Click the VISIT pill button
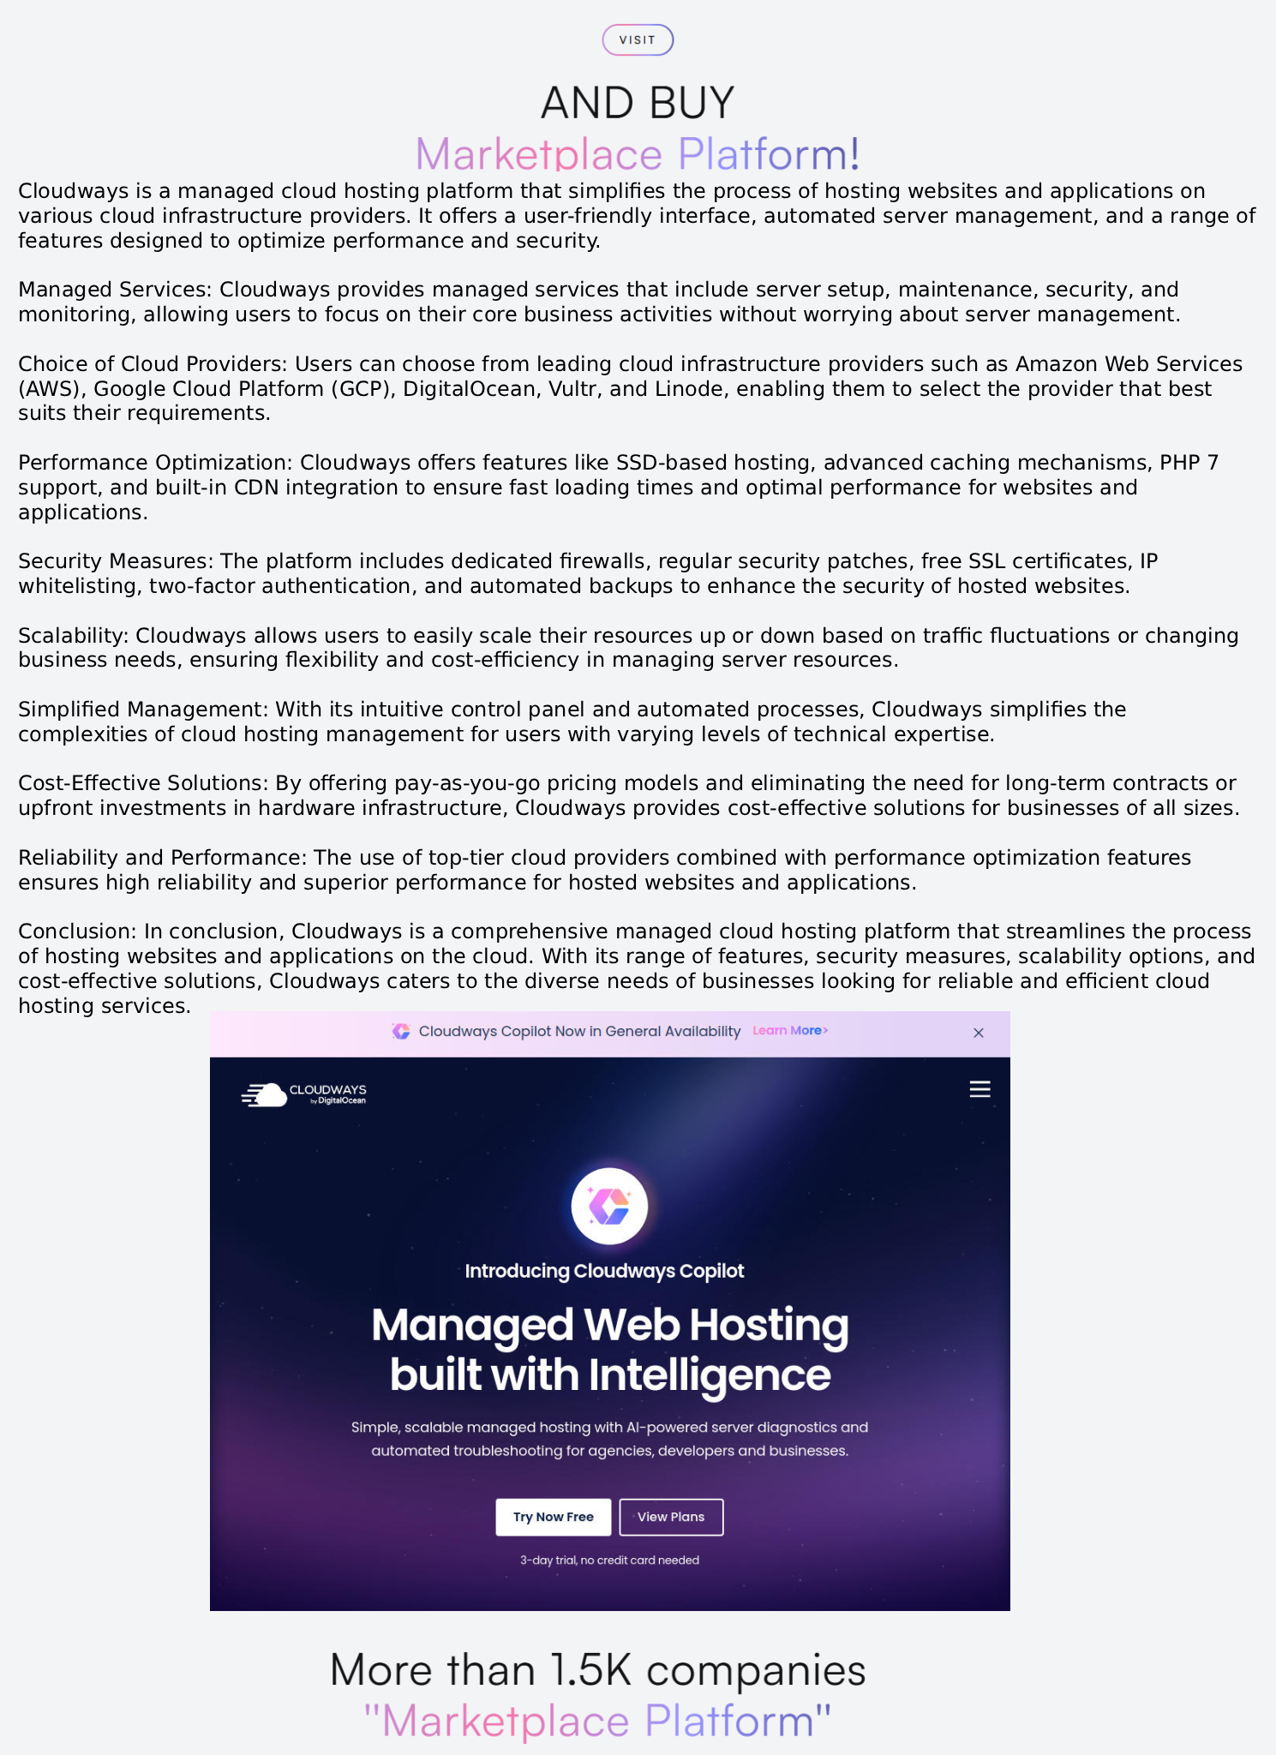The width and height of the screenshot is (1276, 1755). click(x=638, y=40)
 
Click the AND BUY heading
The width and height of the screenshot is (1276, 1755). click(x=638, y=103)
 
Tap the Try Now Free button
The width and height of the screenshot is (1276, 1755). click(x=553, y=1517)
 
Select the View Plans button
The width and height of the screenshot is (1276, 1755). click(x=671, y=1517)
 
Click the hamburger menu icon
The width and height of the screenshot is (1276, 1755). click(x=979, y=1089)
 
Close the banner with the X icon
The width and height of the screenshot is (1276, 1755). click(x=979, y=1033)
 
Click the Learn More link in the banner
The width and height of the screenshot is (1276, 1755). click(x=789, y=1031)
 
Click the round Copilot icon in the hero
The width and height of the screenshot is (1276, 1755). click(x=609, y=1206)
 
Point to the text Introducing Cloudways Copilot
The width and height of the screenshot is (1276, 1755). click(x=604, y=1271)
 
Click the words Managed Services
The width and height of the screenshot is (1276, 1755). click(x=113, y=290)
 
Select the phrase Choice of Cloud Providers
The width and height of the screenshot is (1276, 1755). click(x=150, y=364)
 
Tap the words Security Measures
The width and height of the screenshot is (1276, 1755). click(x=113, y=561)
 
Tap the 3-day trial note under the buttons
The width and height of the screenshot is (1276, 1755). click(x=609, y=1560)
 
